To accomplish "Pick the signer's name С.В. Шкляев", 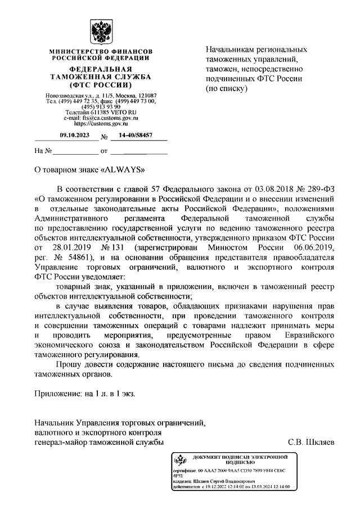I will point(311,442).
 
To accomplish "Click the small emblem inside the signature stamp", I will point(180,461).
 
